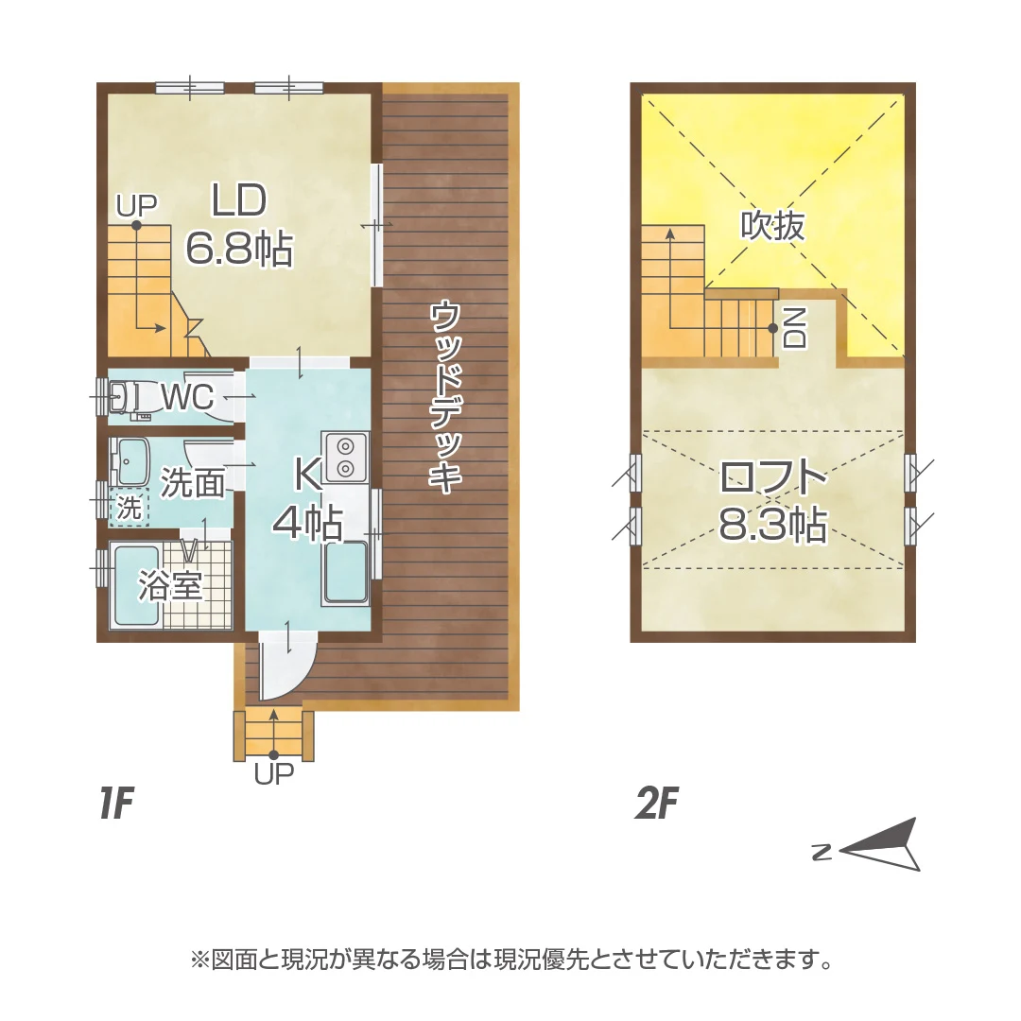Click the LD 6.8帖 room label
click(x=239, y=225)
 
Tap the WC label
click(x=187, y=396)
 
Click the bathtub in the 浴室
click(x=135, y=586)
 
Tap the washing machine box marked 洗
click(x=129, y=508)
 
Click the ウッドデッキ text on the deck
click(x=446, y=395)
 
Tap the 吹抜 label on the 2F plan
click(x=773, y=226)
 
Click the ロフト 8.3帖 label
click(x=773, y=500)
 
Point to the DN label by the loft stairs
click(x=795, y=327)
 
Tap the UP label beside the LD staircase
click(x=137, y=206)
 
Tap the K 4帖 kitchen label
click(x=308, y=498)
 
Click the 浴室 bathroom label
click(x=170, y=587)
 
